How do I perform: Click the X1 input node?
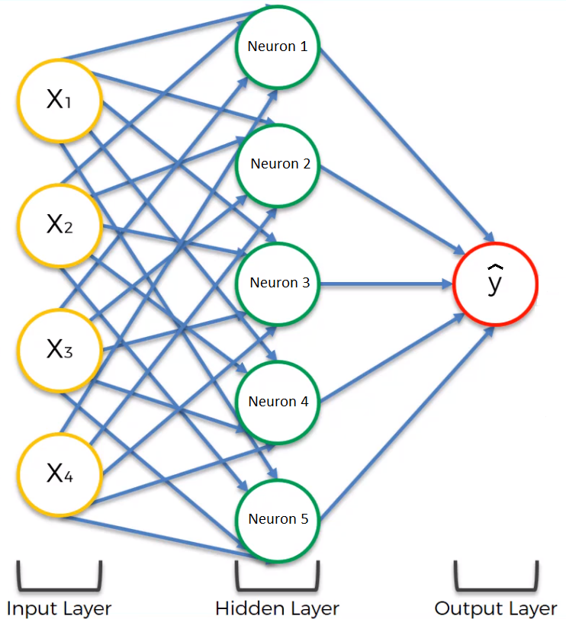(59, 100)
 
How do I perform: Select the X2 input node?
(59, 225)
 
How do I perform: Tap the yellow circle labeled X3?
(59, 350)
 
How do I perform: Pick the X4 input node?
(59, 474)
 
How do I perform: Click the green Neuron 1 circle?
(278, 47)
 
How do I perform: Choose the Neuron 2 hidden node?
(279, 165)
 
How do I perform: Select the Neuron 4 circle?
(278, 401)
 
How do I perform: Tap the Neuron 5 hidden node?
(278, 519)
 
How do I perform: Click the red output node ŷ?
(496, 284)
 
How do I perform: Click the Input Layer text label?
(59, 608)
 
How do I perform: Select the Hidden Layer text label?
(277, 608)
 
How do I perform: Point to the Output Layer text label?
(496, 608)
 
